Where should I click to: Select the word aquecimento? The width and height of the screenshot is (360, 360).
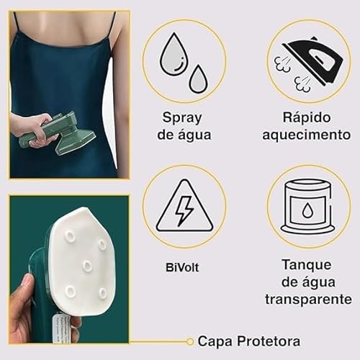306,135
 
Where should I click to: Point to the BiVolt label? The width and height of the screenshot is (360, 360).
183,267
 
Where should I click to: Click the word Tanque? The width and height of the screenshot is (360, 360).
307,264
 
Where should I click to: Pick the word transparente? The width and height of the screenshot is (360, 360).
307,298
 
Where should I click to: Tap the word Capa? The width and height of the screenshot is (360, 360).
215,341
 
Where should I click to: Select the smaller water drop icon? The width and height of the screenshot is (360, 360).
198,78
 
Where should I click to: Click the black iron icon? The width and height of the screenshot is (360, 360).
315,60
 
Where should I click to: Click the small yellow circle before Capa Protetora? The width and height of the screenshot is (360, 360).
190,341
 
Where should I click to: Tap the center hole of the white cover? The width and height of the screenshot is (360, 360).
86,266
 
